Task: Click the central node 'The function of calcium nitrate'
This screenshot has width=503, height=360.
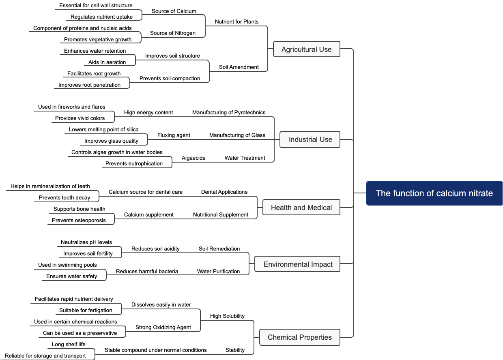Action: pos(434,193)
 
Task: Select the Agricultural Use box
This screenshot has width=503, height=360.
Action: pos(306,49)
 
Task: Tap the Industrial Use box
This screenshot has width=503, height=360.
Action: pos(310,139)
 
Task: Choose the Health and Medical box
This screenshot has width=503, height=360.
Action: pos(301,208)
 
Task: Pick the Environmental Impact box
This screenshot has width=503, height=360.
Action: pos(298,264)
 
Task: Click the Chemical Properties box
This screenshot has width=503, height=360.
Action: pos(299,337)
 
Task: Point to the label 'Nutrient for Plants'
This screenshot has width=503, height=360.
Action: pos(236,21)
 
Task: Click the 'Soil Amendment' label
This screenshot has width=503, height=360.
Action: pos(239,67)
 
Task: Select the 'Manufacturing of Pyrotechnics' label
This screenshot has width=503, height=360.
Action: pos(229,112)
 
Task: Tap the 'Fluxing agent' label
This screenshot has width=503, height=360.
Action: pos(174,135)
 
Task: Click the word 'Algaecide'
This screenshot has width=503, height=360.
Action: pos(193,158)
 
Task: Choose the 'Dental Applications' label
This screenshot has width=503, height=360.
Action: pos(224,192)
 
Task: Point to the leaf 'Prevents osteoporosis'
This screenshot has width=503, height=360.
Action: pos(79,220)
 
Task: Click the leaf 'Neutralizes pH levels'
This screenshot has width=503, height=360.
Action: pos(86,242)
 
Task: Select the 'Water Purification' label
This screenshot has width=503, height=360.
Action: pos(218,271)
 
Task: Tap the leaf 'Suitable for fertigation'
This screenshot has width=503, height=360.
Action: pos(86,310)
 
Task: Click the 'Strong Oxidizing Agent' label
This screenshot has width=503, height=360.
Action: pos(163,327)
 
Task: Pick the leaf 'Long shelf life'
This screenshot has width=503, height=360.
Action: pos(68,344)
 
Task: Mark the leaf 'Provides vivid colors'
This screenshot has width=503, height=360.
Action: pos(80,118)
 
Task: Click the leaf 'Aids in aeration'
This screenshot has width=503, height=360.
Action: pos(107,62)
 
